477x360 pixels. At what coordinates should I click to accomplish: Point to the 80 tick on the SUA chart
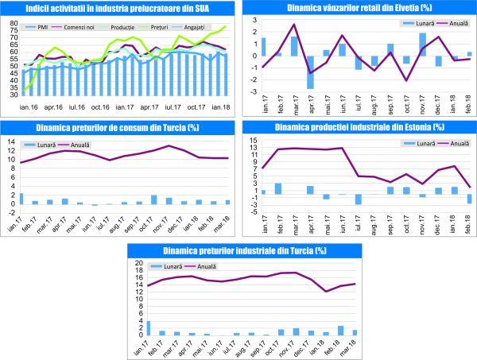tap(14, 19)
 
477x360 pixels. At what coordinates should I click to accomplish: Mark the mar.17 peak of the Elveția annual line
tap(294, 25)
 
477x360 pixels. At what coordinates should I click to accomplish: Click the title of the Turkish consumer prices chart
tap(120, 129)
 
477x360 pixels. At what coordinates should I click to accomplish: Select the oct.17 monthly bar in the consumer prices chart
tap(153, 199)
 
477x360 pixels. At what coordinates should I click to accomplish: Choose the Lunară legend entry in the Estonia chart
tap(420, 144)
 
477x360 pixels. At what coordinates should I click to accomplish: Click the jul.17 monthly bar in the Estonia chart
tap(359, 199)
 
